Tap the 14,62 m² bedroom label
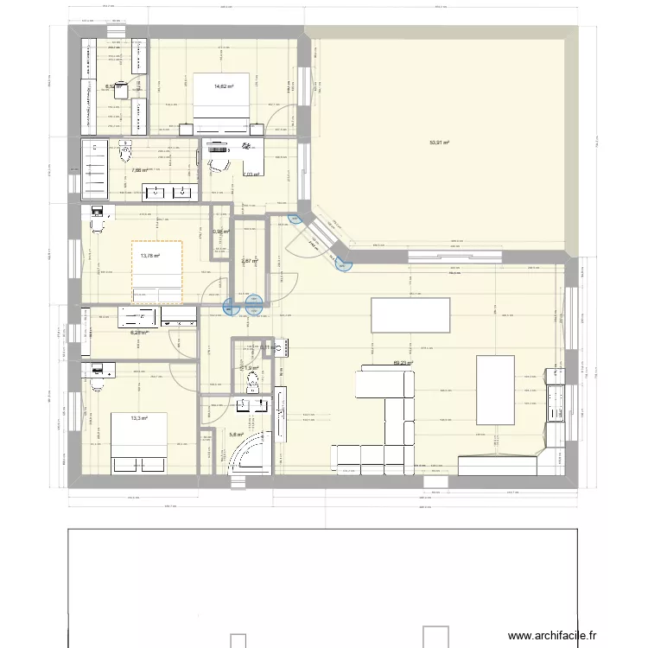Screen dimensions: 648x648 tap(224, 86)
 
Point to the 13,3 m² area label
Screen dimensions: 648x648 tap(138, 418)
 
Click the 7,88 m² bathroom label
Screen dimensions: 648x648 tap(139, 170)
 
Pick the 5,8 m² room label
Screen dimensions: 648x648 tap(236, 435)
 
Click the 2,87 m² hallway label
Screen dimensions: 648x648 tap(249, 261)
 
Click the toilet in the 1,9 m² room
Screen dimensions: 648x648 tap(252, 379)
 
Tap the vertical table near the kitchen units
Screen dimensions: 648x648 tap(495, 390)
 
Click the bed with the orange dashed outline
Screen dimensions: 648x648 tap(156, 272)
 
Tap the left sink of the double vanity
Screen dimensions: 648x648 tap(155, 192)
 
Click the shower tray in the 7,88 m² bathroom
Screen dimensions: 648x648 tap(94, 168)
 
